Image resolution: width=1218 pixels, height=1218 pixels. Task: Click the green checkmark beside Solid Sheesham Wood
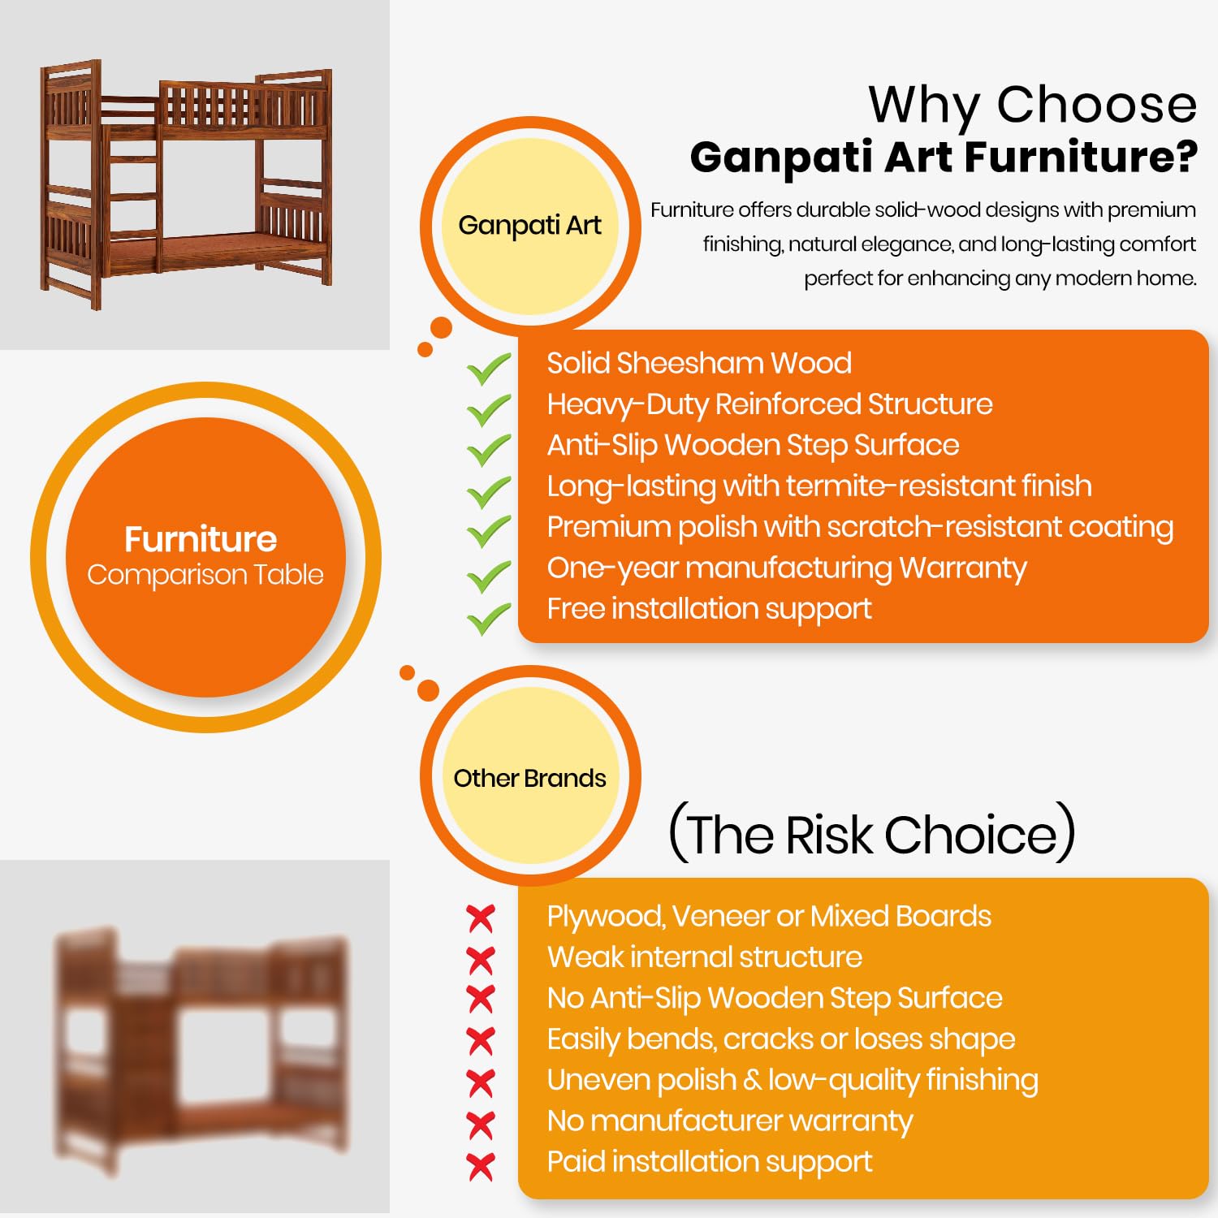(x=488, y=369)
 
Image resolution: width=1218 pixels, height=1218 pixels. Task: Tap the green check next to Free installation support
(x=488, y=619)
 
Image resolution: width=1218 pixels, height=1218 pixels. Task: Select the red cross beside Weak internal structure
(x=481, y=960)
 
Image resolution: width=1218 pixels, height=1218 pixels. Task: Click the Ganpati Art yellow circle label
(x=530, y=226)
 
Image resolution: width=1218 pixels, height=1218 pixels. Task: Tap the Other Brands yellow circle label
(x=530, y=777)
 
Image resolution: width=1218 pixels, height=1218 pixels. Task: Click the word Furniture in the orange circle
(x=201, y=539)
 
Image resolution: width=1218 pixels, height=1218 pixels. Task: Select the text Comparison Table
(x=205, y=575)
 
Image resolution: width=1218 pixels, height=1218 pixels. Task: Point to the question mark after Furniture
(x=1186, y=158)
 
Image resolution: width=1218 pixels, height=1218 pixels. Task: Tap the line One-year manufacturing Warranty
(x=787, y=568)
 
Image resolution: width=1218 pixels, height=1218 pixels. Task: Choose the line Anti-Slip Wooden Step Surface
(x=753, y=446)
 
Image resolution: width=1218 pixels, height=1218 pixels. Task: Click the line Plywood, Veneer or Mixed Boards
(x=769, y=917)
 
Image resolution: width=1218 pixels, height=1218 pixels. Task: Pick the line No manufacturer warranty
(x=730, y=1121)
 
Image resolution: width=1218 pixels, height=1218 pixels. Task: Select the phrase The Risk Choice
(x=872, y=834)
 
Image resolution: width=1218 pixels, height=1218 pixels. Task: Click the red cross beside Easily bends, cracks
(x=481, y=1042)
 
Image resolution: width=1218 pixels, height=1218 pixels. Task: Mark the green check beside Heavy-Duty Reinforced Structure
(x=488, y=410)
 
